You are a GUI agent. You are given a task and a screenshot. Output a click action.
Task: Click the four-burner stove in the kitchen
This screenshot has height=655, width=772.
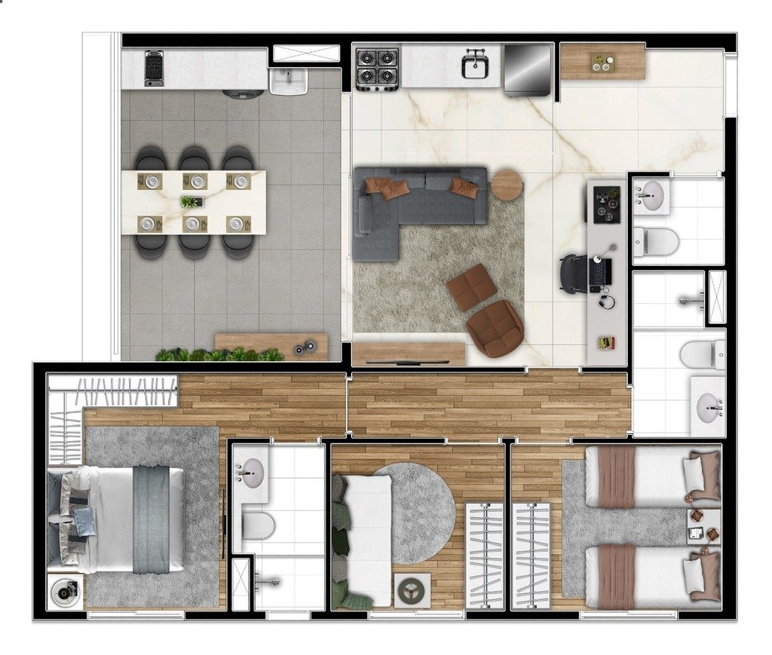point(377,68)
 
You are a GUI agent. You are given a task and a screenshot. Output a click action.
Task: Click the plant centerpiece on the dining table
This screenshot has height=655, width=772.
point(191,201)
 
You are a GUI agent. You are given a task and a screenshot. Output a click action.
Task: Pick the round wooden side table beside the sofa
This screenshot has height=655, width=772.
point(507,184)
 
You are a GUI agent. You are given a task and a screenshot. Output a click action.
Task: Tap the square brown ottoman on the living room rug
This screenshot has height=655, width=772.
point(472,286)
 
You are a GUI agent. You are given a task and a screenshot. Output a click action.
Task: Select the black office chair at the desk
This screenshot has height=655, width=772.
point(574,273)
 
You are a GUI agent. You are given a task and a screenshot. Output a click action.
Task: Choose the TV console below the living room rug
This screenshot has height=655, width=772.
point(409,354)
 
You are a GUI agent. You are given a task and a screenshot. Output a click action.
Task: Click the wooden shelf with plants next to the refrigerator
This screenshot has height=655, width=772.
point(603,62)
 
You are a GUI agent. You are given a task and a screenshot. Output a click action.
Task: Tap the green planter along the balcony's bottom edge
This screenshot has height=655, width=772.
point(219,354)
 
